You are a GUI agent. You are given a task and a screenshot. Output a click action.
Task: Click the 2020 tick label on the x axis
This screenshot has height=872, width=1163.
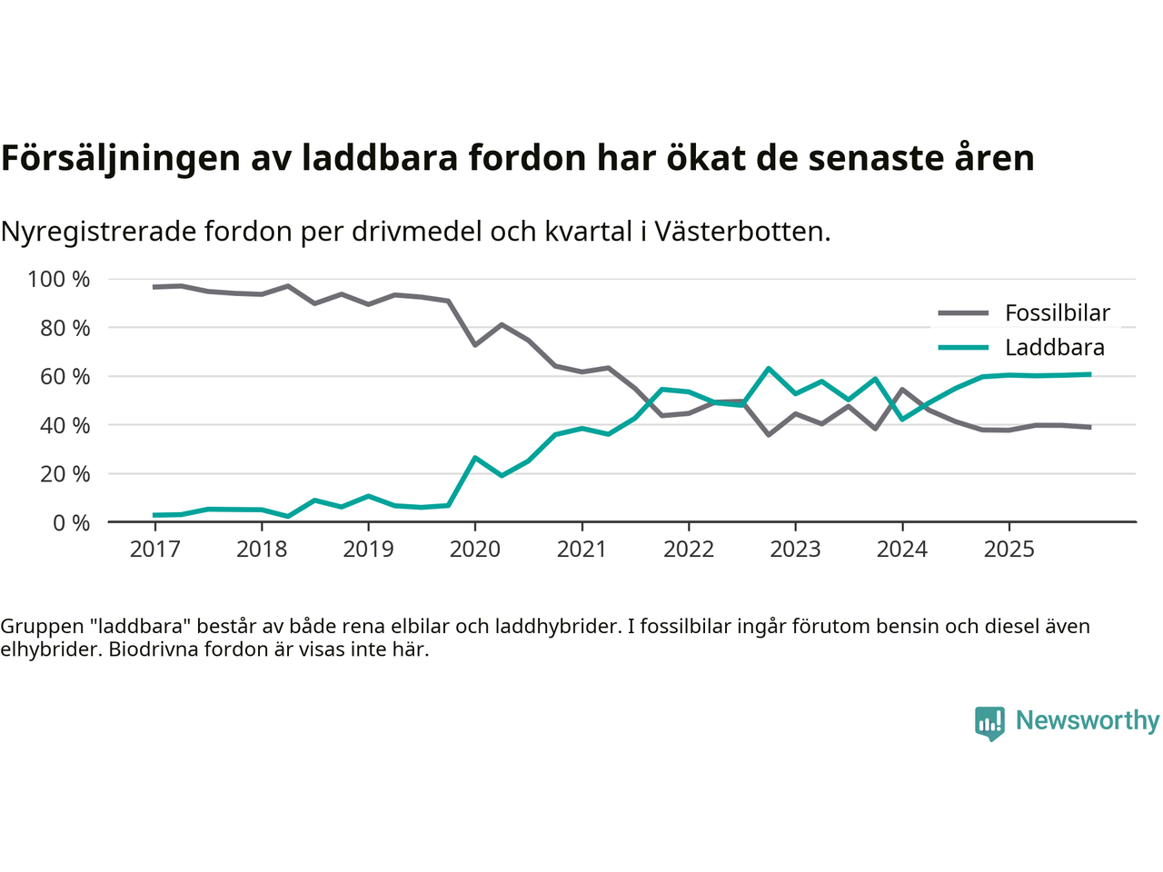475,550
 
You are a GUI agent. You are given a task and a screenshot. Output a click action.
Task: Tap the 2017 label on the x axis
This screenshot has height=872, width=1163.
154,550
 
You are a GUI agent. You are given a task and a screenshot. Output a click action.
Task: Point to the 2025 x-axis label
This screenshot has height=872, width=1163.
1009,550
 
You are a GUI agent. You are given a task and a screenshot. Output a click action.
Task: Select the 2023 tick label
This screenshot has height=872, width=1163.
795,550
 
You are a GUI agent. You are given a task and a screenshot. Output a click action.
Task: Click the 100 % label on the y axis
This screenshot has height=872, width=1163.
59,280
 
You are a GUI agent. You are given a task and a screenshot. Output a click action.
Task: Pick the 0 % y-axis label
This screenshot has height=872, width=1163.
71,523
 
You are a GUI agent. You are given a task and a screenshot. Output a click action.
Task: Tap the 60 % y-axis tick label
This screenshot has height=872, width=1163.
65,377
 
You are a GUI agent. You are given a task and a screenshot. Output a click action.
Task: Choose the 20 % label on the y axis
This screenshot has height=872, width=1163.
65,474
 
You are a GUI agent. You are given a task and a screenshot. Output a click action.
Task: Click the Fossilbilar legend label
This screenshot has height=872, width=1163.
1058,313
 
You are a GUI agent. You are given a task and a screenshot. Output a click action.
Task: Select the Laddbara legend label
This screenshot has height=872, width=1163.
1055,348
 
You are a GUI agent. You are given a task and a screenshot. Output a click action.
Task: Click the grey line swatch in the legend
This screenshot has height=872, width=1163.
963,313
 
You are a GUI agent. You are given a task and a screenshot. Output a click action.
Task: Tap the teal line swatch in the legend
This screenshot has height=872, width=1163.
963,348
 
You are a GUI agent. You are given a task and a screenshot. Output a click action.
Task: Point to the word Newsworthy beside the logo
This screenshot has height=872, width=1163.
1088,721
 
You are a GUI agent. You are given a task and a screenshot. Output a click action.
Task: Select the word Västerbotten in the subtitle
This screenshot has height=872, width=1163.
741,233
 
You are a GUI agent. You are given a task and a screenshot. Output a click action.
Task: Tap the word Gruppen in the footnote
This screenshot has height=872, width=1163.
41,627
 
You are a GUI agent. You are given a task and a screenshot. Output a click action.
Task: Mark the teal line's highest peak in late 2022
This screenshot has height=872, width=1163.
769,369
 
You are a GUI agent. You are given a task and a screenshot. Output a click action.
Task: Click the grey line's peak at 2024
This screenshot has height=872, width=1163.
901,390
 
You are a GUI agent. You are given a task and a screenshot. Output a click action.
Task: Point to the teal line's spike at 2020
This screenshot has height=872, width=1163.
475,458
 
